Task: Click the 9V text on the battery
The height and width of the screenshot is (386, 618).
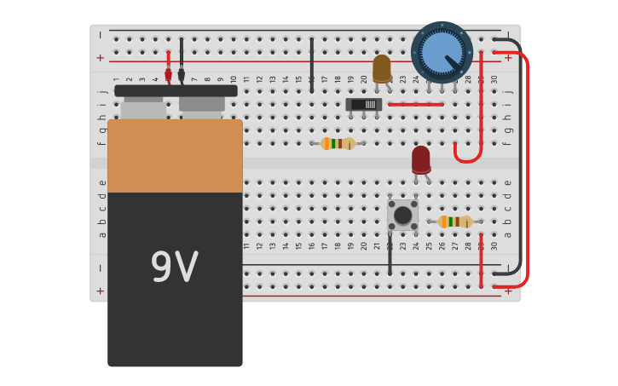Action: (x=174, y=268)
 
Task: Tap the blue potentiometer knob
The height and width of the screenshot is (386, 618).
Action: (x=442, y=52)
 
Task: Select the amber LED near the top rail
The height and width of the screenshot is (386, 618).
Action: (x=382, y=68)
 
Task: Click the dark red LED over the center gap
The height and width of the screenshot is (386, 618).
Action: (x=421, y=159)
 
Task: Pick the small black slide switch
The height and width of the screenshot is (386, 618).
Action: (x=364, y=105)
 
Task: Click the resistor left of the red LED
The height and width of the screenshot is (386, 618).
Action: (x=338, y=143)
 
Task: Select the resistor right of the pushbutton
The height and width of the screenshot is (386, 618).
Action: (x=454, y=222)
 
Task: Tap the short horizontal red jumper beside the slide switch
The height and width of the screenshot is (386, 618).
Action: (x=415, y=105)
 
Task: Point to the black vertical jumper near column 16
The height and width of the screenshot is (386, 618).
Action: (x=312, y=65)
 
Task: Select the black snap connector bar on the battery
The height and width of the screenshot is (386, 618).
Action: (x=176, y=90)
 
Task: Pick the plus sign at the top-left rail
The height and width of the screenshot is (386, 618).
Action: (x=101, y=58)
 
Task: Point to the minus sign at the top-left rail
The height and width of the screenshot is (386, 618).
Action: (x=101, y=36)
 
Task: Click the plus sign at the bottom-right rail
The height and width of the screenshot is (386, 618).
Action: (x=509, y=291)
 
